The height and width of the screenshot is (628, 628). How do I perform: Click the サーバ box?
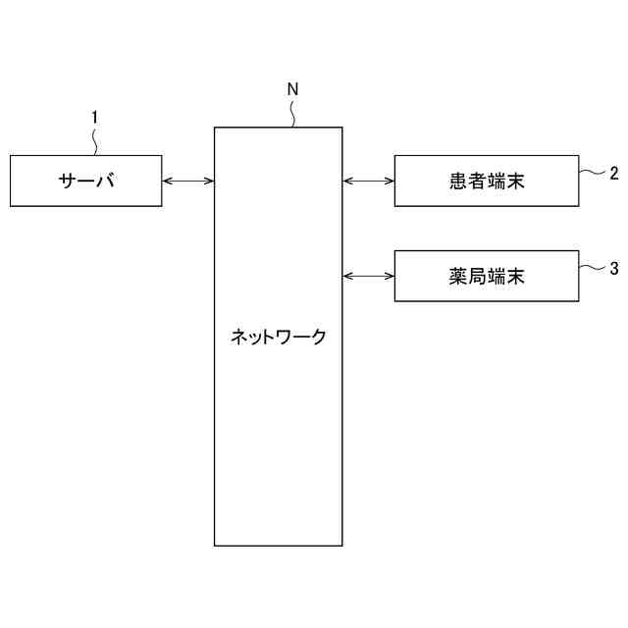click(x=86, y=181)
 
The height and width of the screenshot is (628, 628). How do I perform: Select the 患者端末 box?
click(x=487, y=181)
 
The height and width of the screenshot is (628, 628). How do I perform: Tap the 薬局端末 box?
click(x=487, y=276)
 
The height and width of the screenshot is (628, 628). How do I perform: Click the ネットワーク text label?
click(x=279, y=338)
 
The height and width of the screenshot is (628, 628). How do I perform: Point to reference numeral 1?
click(x=94, y=118)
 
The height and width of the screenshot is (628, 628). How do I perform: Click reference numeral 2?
click(x=613, y=174)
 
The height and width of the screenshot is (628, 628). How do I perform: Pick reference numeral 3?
click(x=613, y=267)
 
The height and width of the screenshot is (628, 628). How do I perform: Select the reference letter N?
click(x=292, y=89)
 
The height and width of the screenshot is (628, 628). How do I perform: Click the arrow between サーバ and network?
click(x=188, y=181)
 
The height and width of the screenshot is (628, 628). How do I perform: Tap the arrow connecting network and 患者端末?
click(x=368, y=181)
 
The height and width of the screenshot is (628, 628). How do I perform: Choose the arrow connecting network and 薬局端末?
click(x=368, y=276)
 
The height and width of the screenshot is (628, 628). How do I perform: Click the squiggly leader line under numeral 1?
click(x=95, y=140)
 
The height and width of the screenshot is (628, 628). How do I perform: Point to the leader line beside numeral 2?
click(x=592, y=173)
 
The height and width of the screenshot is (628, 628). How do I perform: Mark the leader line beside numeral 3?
click(x=592, y=266)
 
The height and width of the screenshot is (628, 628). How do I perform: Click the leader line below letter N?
click(x=294, y=112)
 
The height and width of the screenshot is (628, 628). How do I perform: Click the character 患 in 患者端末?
click(x=452, y=181)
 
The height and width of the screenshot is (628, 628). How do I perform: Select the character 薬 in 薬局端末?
click(x=452, y=276)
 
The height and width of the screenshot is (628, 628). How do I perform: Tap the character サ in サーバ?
click(x=68, y=181)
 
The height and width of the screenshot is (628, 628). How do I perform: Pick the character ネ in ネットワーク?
click(x=238, y=338)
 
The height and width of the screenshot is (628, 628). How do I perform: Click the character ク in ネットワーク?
click(x=318, y=338)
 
